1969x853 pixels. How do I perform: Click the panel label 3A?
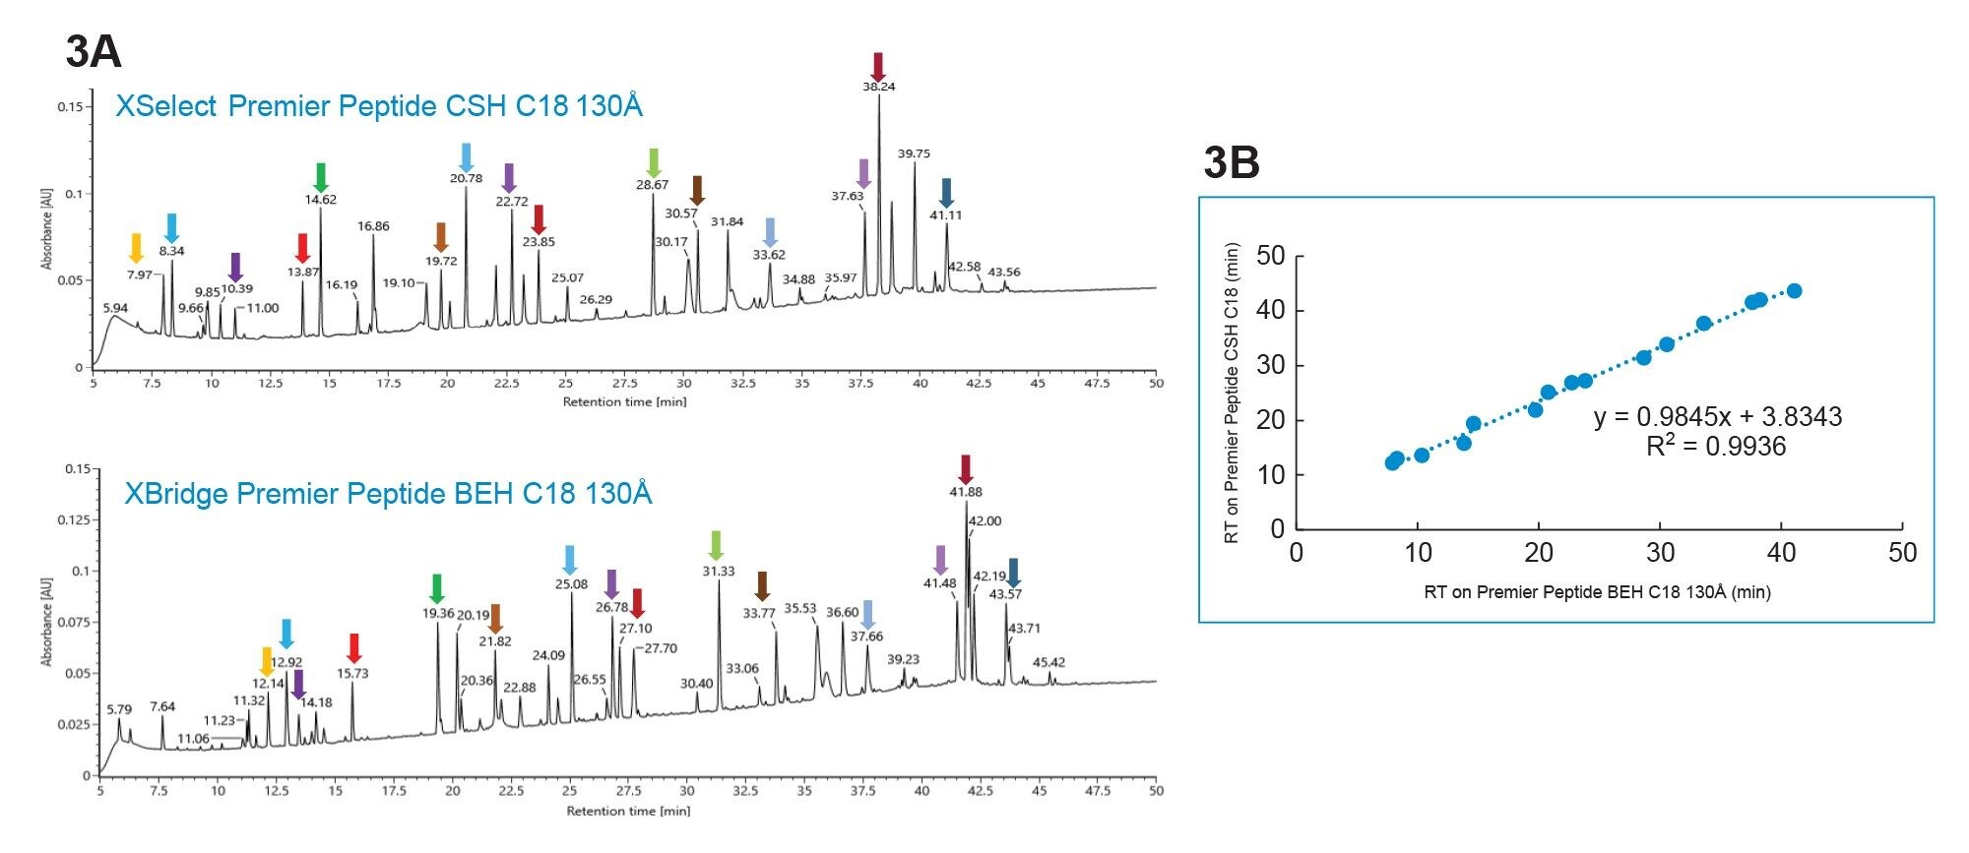point(94,51)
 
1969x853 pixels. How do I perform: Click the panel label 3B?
point(1231,162)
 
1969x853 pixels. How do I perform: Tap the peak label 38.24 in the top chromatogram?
point(878,87)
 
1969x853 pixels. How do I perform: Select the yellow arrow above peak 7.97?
point(137,248)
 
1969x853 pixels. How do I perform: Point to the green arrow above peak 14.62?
point(320,177)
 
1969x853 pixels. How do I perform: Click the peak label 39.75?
point(914,153)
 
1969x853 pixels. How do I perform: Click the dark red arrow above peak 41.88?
point(965,468)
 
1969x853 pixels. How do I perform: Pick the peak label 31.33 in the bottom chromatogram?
point(719,571)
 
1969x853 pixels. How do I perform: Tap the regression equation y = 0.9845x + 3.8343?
point(1717,417)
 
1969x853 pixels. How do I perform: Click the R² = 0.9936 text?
point(1715,447)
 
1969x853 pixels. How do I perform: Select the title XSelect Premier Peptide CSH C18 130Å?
point(379,106)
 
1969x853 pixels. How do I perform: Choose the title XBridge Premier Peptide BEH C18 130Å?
point(388,493)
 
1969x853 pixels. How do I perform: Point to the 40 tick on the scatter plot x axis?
point(1781,553)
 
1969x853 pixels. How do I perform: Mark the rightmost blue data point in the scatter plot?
point(1794,291)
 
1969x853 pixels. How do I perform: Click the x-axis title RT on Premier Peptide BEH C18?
point(1597,591)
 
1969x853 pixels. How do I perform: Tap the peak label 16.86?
point(373,226)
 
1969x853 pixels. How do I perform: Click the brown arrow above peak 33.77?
point(761,585)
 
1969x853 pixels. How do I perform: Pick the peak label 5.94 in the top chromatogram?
point(115,308)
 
